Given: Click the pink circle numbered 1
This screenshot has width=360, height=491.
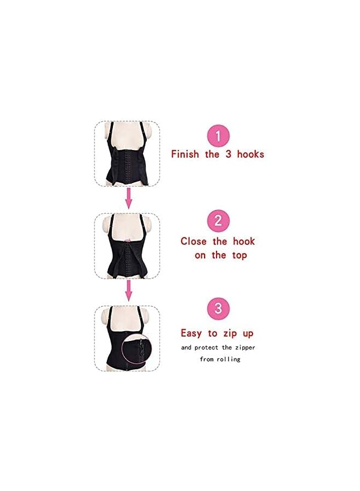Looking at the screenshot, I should coord(218,136).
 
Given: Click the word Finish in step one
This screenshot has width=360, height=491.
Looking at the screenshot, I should coord(186,154).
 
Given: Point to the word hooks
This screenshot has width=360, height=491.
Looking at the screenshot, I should coord(250,154).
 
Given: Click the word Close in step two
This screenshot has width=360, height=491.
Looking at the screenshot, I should coord(194,241).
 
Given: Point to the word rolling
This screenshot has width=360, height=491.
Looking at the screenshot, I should coord(228,359).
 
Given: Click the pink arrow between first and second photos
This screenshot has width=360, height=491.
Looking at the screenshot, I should coord(129,199).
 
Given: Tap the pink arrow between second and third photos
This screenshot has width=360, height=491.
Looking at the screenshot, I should coord(129,291).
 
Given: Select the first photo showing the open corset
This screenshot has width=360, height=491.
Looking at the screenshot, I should coord(128,154).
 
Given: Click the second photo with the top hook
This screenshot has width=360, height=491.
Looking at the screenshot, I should coord(128,247).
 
